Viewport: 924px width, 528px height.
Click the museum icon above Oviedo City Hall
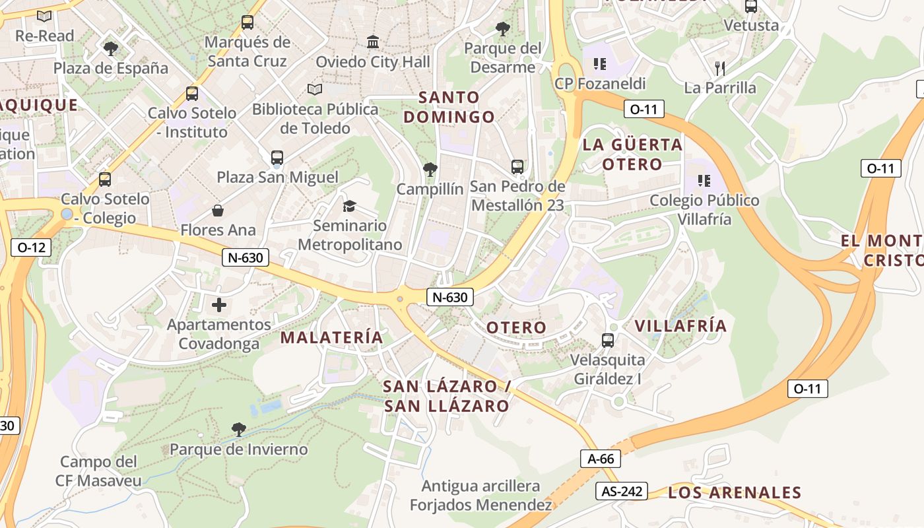(373, 42)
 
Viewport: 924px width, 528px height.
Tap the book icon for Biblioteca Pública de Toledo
(315, 89)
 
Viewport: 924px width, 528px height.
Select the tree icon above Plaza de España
(110, 48)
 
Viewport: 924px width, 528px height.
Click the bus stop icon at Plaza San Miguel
(277, 158)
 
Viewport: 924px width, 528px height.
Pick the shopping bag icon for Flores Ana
(217, 211)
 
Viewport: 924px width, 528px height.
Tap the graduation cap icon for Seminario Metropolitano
(349, 206)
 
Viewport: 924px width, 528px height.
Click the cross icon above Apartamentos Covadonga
(219, 305)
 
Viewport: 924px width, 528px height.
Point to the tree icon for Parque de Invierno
(239, 430)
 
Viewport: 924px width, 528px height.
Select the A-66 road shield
(601, 459)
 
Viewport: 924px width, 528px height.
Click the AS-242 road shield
(621, 491)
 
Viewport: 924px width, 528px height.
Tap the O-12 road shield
(31, 247)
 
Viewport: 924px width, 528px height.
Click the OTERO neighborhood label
(516, 327)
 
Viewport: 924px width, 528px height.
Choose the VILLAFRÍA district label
(680, 325)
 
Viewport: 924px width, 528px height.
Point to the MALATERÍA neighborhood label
(331, 337)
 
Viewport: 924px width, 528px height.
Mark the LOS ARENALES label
(735, 492)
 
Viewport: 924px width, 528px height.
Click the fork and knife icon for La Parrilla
(720, 67)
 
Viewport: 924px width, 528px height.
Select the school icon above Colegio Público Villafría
(704, 180)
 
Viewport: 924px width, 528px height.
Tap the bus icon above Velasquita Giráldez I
(608, 341)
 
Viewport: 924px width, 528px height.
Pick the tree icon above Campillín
(430, 170)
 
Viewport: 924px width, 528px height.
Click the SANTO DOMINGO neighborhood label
(449, 107)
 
